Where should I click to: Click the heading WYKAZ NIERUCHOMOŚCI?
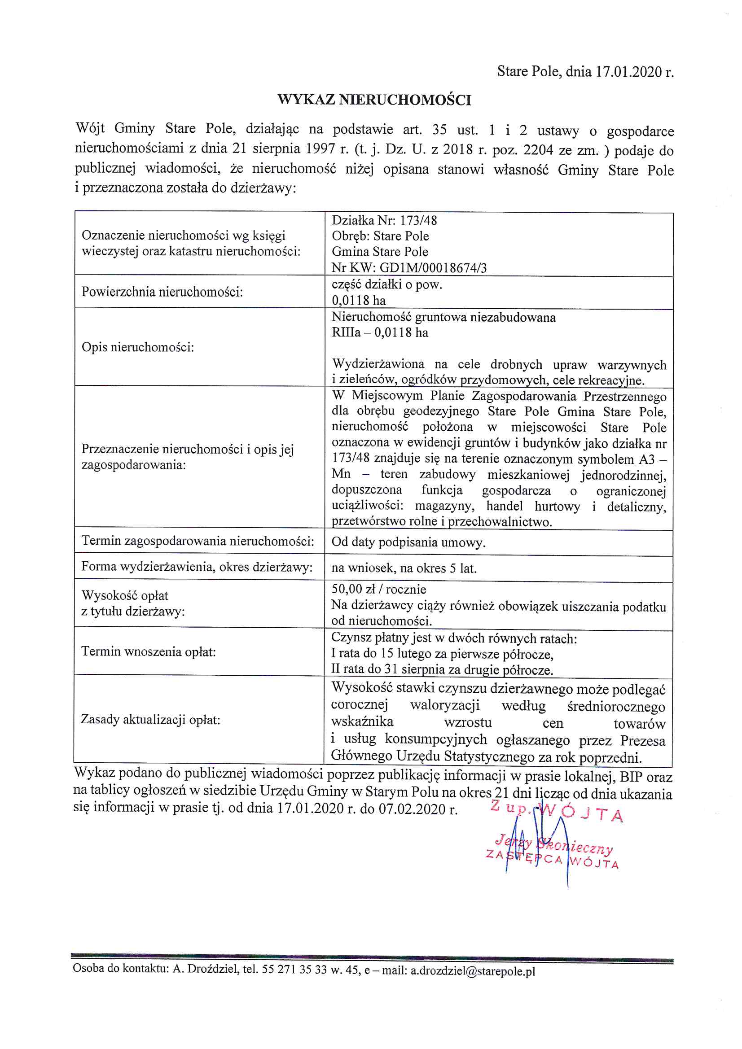coord(374,100)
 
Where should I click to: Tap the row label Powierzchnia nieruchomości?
coord(162,292)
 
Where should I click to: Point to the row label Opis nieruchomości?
coord(138,347)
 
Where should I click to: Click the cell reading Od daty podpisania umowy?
coord(408,542)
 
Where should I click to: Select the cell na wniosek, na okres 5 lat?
coord(404,568)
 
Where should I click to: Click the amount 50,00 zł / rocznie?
coord(378,590)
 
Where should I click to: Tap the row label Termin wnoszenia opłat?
coord(148,651)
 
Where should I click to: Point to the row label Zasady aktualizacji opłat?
coord(150,720)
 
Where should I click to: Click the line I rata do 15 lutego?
coord(442,654)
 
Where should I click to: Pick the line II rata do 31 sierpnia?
coord(442,670)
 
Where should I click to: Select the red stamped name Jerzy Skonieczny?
coord(553,844)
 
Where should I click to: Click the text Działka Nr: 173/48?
coord(384,221)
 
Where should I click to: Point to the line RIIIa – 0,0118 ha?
coord(379,332)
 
